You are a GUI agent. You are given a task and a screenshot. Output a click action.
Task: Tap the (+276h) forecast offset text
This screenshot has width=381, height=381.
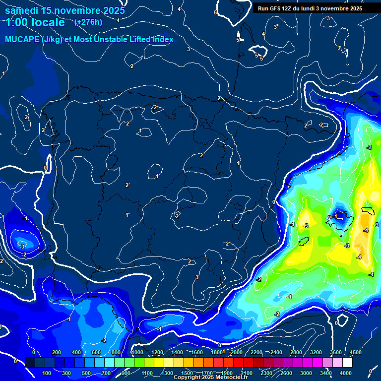point(88,22)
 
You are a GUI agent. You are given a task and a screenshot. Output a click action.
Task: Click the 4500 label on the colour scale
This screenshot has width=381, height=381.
point(356,352)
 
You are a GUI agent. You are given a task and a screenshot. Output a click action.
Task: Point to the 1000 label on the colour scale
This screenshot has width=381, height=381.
point(137,352)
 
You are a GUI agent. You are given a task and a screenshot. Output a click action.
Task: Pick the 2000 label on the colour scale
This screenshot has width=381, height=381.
point(237,352)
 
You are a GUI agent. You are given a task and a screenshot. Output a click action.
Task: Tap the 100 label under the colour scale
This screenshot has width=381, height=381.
point(47,373)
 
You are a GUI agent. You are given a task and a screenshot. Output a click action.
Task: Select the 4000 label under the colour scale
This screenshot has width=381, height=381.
point(346,373)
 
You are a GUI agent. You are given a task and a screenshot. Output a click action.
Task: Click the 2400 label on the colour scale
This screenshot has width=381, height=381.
point(276,352)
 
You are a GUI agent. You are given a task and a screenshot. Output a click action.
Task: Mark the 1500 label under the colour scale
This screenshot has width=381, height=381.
point(187,373)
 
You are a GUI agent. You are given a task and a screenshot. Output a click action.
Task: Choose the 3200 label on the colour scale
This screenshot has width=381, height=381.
point(316,352)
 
